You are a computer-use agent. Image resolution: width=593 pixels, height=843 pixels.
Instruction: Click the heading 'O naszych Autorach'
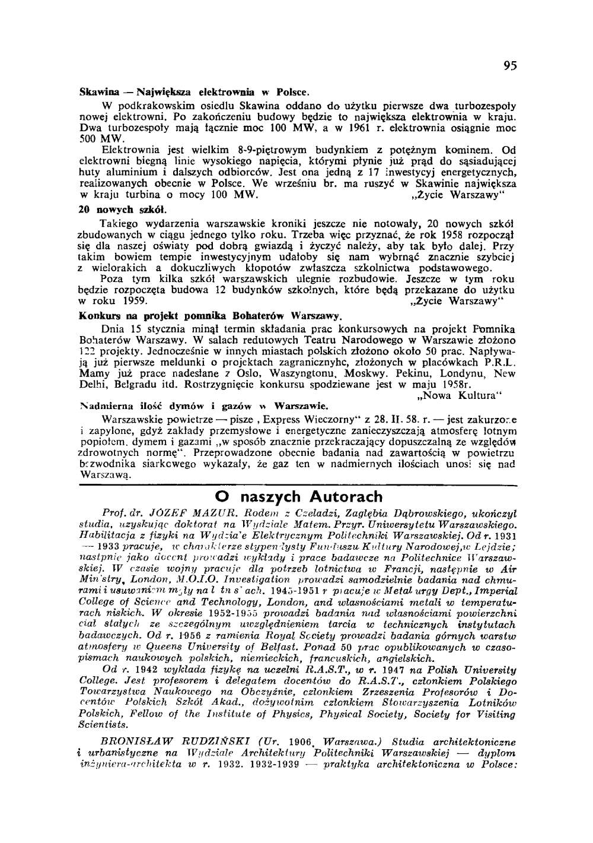point(298,496)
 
